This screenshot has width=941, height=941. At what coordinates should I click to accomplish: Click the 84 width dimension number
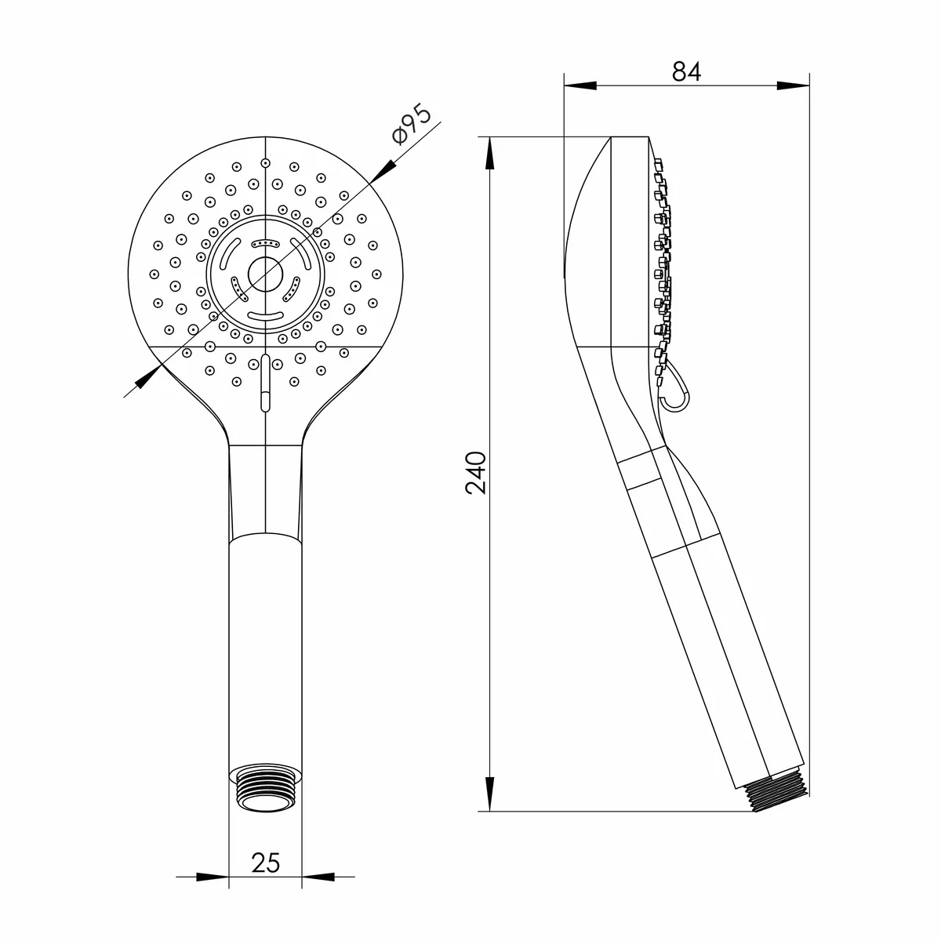[x=686, y=71]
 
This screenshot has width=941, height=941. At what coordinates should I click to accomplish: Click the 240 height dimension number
[x=476, y=473]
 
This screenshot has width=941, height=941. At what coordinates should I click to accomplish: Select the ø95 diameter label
[x=412, y=124]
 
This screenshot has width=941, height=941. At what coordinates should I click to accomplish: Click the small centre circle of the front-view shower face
[x=266, y=274]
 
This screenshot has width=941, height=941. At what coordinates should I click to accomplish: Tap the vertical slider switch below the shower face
[x=266, y=383]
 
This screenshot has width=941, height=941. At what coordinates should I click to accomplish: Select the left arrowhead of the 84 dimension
[x=580, y=85]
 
